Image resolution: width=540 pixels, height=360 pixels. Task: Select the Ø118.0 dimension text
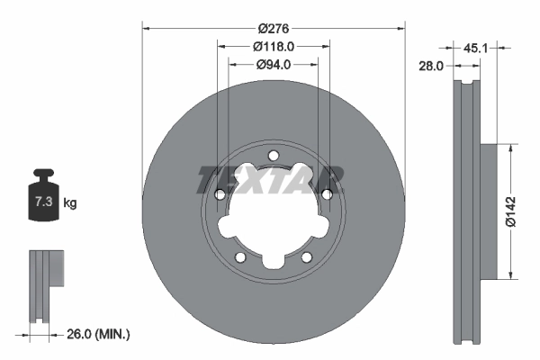click(274, 46)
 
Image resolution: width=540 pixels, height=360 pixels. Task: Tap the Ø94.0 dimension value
click(274, 64)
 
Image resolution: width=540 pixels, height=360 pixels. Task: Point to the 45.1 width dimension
click(500, 48)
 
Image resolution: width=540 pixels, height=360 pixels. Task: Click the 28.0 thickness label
click(433, 66)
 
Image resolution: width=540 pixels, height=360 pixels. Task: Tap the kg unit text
click(70, 203)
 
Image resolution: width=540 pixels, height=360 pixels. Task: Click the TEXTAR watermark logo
click(270, 178)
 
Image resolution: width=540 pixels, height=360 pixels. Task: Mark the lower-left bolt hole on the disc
click(239, 257)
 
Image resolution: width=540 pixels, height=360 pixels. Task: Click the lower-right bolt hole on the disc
click(307, 257)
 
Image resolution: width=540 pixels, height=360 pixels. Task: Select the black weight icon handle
click(43, 175)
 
